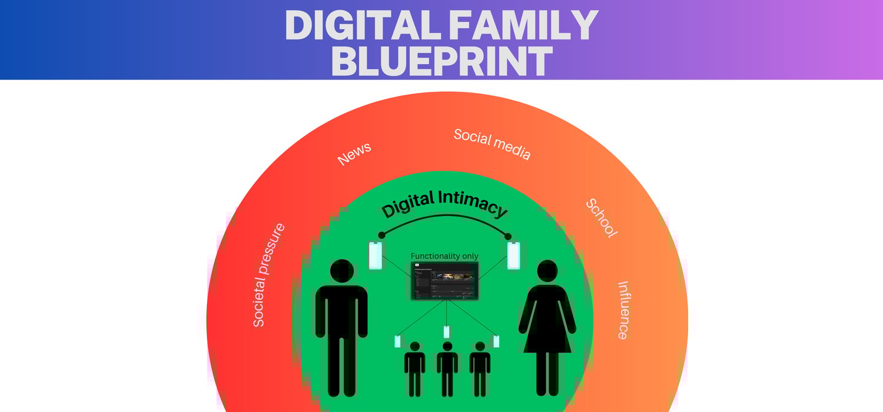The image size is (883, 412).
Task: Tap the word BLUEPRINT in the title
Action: tap(441, 61)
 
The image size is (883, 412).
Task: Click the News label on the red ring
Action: tap(354, 154)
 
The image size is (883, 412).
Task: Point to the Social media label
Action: tap(492, 144)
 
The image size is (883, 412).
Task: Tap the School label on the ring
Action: tap(602, 218)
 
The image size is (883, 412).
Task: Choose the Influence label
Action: tap(623, 310)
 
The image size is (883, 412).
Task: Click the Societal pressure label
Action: tap(268, 275)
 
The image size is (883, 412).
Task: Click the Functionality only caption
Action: tap(444, 256)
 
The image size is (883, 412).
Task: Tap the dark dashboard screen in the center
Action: tap(444, 281)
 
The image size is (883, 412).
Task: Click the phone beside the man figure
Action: tap(375, 255)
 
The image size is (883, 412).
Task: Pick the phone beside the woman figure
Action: tap(514, 255)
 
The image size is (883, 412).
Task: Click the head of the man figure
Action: tap(342, 271)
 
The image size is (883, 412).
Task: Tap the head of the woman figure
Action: tap(547, 271)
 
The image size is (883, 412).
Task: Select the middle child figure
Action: tap(447, 368)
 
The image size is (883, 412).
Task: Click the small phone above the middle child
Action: tap(447, 332)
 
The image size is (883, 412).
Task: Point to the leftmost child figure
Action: tap(414, 368)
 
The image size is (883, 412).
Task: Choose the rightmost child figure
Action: tap(480, 368)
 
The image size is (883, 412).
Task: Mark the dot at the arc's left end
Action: tap(381, 235)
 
